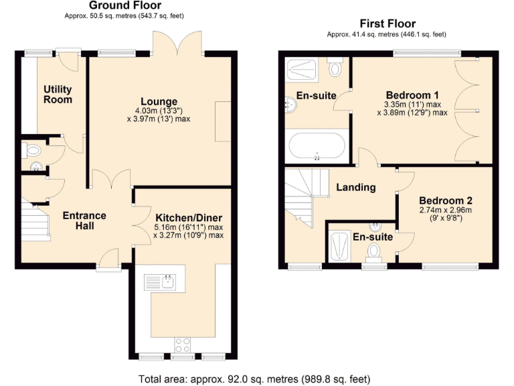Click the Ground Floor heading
click(125, 5)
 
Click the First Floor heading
click(387, 23)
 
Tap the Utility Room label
click(58, 94)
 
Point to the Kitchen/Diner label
click(189, 218)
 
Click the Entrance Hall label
click(84, 220)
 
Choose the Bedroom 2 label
click(446, 200)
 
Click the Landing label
click(355, 188)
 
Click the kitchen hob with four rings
click(181, 344)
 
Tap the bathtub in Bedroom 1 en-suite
click(317, 147)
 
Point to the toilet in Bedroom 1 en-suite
click(335, 68)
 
